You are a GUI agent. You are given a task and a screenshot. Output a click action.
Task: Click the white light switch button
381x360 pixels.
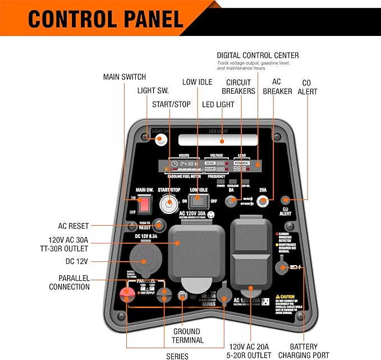(x=161, y=139)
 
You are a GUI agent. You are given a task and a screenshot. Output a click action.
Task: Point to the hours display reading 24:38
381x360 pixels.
(x=184, y=164)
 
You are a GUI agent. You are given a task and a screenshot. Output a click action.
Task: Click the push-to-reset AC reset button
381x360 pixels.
(x=159, y=225)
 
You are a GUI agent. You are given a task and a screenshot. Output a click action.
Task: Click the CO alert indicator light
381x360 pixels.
(x=286, y=200)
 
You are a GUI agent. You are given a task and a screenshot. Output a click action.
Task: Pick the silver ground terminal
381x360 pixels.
(x=182, y=296)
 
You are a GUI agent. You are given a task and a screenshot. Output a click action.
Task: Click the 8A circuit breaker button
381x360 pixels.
(x=231, y=201)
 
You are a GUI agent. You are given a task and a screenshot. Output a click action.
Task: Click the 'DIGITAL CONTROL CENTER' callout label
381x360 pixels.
(x=258, y=55)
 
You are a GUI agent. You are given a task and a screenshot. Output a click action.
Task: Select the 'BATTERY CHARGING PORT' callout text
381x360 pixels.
(x=304, y=351)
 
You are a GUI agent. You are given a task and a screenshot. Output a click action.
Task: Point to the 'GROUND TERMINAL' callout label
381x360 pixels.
(x=186, y=336)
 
